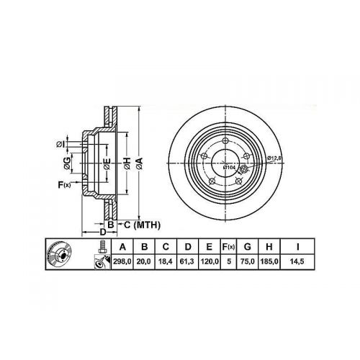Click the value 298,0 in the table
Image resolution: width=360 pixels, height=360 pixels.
tap(122, 261)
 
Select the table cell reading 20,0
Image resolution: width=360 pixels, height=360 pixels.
tap(144, 261)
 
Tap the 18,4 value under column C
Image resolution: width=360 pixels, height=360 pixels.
tap(166, 261)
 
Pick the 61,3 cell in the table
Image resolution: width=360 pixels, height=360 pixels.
tap(187, 261)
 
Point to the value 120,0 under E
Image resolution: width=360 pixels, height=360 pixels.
tap(209, 261)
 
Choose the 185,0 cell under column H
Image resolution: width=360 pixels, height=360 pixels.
tap(269, 261)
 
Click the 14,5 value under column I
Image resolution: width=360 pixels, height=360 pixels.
tap(297, 261)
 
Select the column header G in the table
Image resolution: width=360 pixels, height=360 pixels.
tap(247, 247)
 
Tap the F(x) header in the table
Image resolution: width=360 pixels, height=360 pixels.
tap(228, 247)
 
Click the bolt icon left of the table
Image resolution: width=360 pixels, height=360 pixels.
tap(102, 246)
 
